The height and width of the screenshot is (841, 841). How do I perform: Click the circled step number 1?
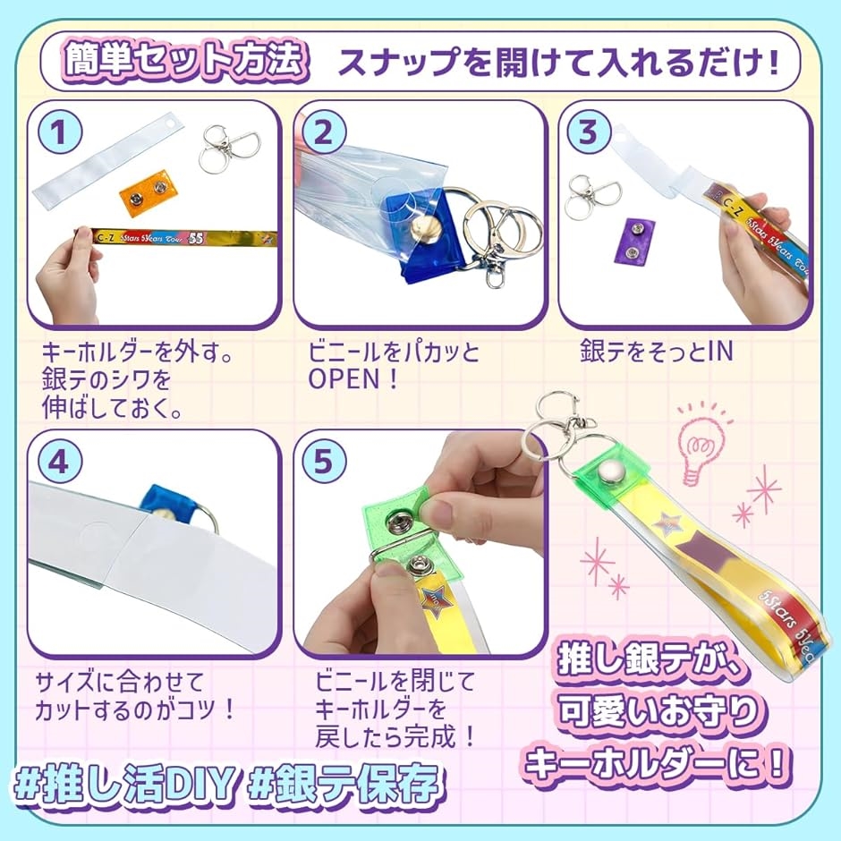click(60, 132)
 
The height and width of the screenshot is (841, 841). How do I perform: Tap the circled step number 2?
click(323, 132)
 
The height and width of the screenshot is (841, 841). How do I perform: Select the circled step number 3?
click(589, 132)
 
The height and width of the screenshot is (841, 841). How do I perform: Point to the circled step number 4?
click(60, 462)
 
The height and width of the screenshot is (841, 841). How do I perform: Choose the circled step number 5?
click(323, 462)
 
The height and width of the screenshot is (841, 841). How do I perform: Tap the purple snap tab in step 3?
click(638, 241)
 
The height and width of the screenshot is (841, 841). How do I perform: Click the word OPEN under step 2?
click(344, 379)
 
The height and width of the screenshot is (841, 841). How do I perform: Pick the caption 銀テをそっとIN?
click(657, 352)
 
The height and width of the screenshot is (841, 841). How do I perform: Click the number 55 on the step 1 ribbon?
click(196, 239)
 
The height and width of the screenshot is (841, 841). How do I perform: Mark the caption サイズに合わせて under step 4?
click(120, 683)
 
